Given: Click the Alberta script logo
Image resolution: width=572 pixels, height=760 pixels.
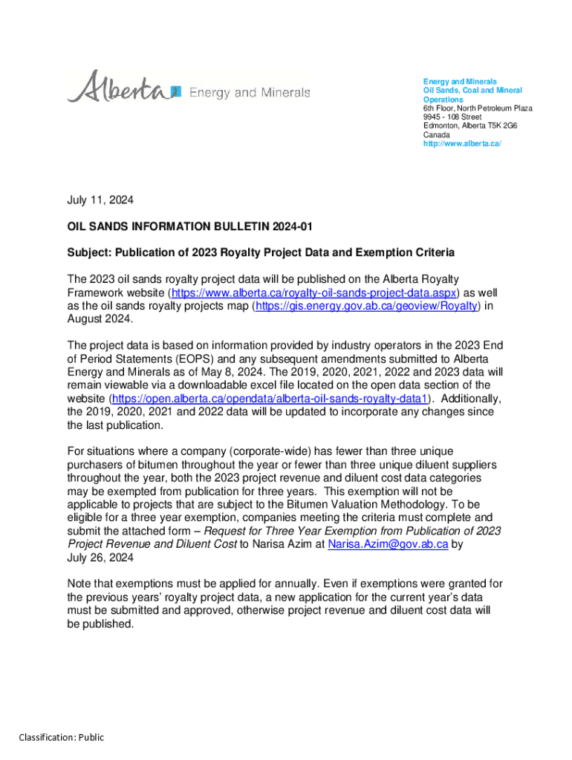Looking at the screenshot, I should pyautogui.click(x=119, y=88).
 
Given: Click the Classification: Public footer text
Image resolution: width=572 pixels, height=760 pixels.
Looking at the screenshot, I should pyautogui.click(x=62, y=737).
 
